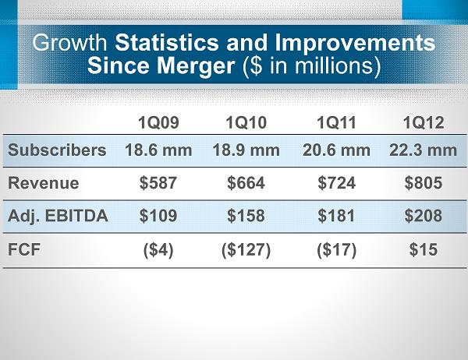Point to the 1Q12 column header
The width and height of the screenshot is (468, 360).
[423, 122]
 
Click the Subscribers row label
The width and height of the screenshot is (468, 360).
[57, 150]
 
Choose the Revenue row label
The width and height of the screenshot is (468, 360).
[44, 184]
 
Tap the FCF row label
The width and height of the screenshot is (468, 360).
[24, 251]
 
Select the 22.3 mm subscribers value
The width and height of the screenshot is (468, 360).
[423, 150]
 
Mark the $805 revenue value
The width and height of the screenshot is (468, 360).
[423, 184]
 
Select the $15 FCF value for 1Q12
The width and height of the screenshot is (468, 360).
[423, 251]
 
